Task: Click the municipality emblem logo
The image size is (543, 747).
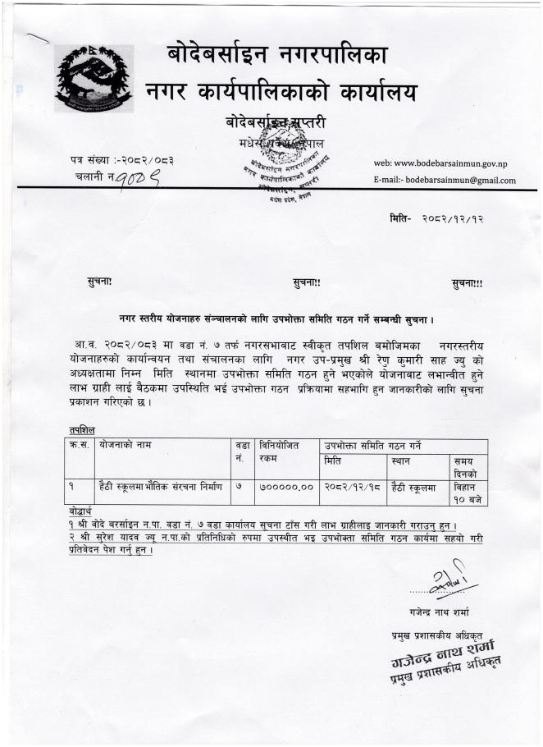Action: coord(93,79)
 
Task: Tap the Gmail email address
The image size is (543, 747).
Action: coord(445,180)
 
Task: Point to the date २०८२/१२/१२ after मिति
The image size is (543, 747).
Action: coord(454,220)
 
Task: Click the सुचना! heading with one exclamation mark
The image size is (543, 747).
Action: coord(100,282)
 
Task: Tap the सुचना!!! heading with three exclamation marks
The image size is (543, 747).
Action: coord(467,283)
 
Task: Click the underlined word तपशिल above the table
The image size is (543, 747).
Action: coord(82,429)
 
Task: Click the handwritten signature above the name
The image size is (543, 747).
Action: coord(446,582)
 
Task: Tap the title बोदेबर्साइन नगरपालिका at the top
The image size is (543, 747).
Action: coord(277,56)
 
